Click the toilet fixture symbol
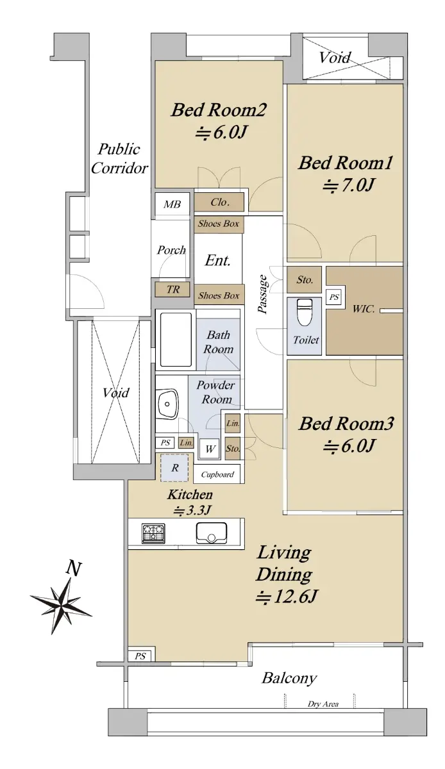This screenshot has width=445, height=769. pyautogui.click(x=304, y=311)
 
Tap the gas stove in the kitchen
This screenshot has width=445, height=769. pyautogui.click(x=153, y=534)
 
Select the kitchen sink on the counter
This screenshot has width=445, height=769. pyautogui.click(x=212, y=533)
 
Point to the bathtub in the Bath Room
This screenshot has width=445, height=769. pyautogui.click(x=176, y=340)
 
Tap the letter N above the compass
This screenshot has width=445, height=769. pyautogui.click(x=74, y=568)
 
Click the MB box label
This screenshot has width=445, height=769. pyautogui.click(x=172, y=204)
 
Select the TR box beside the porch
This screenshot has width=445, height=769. pyautogui.click(x=173, y=290)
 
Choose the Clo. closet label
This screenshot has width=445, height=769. pyautogui.click(x=220, y=203)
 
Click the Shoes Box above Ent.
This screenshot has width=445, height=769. pyautogui.click(x=219, y=224)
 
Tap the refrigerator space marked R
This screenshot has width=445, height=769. pyautogui.click(x=175, y=468)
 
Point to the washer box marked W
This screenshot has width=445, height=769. pyautogui.click(x=210, y=449)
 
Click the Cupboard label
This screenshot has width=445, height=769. pyautogui.click(x=217, y=474)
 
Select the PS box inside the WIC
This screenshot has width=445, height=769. pyautogui.click(x=334, y=297)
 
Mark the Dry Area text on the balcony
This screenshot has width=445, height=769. pyautogui.click(x=323, y=704)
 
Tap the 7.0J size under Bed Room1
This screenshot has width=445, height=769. pyautogui.click(x=348, y=186)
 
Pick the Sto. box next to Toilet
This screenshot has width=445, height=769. pyautogui.click(x=305, y=280)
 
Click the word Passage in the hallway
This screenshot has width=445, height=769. pyautogui.click(x=263, y=294)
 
